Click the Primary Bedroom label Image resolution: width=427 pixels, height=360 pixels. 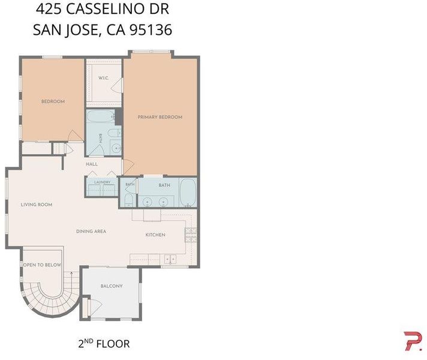160,117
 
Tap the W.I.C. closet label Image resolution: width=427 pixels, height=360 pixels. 104,78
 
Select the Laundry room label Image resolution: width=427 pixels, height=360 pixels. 103,182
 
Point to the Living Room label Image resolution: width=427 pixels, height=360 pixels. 37,205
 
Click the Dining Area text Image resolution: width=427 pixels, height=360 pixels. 91,232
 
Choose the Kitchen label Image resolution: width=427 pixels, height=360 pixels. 155,235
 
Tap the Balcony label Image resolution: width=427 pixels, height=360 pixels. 112,286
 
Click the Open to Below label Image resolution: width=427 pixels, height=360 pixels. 42,265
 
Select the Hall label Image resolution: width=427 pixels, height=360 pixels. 92,164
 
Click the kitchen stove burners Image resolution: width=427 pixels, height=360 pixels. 191,235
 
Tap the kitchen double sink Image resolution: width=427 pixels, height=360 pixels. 170,259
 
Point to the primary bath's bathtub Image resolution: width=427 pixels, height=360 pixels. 188,193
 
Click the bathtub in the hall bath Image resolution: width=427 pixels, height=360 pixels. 101,116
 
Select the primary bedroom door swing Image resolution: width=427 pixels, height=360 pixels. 128,167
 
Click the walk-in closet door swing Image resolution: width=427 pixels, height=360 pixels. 118,86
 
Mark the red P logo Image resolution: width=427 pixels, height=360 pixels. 413,341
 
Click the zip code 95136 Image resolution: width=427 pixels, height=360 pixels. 151,30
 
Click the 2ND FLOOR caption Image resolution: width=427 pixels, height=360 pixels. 104,343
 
